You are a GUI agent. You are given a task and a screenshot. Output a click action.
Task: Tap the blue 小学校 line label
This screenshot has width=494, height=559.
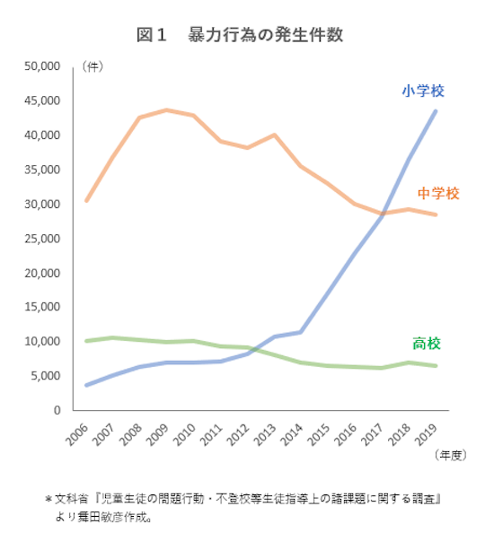point(422,91)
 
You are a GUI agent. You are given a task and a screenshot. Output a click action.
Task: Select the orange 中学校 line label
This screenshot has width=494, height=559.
point(438,193)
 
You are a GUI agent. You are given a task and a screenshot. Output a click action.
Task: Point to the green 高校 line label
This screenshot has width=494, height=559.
point(427,344)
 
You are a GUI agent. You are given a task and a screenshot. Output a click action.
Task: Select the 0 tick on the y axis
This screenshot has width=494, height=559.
point(55,410)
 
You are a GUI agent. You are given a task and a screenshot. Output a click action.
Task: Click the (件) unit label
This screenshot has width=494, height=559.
point(93,66)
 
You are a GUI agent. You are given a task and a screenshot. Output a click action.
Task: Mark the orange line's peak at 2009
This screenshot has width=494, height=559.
point(167,110)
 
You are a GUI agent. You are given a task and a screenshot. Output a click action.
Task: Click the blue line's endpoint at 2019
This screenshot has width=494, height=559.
point(437,110)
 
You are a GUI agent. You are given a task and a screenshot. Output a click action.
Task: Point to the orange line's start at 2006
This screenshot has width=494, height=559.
point(86,200)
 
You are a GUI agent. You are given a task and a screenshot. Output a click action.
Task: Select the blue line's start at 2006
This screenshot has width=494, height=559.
point(86,385)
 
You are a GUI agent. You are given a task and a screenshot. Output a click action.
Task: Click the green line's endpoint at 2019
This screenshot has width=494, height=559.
point(437,366)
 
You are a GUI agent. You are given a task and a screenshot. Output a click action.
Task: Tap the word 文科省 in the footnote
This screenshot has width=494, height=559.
point(70,499)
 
